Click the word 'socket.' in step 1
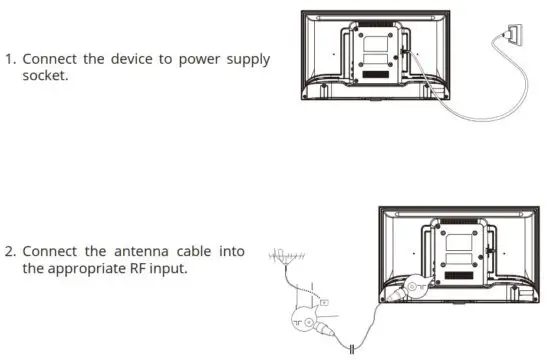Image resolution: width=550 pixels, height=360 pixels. pyautogui.click(x=45, y=75)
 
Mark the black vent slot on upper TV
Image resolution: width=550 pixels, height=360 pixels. pyautogui.click(x=377, y=76)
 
